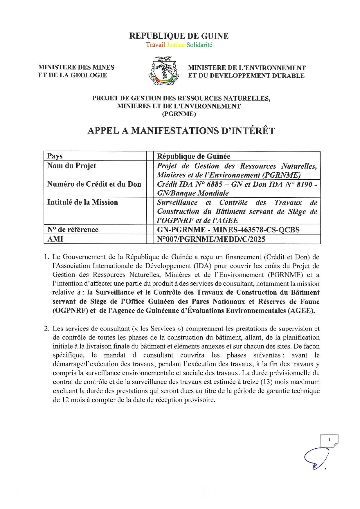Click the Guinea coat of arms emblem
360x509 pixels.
(x=164, y=71)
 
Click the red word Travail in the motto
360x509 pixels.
(x=155, y=45)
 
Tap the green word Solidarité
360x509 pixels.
(x=199, y=45)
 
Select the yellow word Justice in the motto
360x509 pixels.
(x=176, y=45)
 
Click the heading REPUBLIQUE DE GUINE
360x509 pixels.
(x=179, y=36)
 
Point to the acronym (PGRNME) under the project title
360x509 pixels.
(x=179, y=114)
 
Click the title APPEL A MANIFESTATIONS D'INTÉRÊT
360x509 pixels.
(x=181, y=131)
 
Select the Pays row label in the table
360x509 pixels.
(x=55, y=156)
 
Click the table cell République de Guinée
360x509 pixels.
(x=194, y=156)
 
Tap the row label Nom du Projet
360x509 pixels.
(x=72, y=166)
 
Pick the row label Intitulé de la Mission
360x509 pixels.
(x=82, y=202)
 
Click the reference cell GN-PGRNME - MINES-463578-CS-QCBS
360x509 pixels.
(x=228, y=230)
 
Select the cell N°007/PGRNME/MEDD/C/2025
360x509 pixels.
(x=211, y=239)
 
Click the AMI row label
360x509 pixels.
(x=55, y=239)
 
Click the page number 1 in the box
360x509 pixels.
(x=329, y=440)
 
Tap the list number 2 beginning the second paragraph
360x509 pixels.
(x=46, y=328)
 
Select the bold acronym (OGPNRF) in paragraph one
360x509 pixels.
(x=70, y=311)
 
